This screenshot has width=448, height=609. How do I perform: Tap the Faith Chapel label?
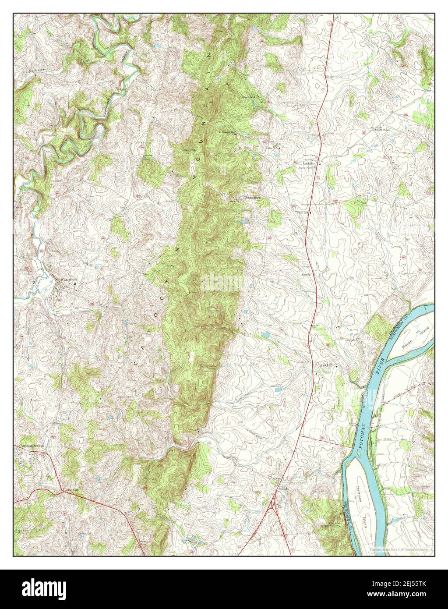click(x=384, y=130)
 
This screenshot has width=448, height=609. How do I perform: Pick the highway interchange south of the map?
click(x=275, y=504)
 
